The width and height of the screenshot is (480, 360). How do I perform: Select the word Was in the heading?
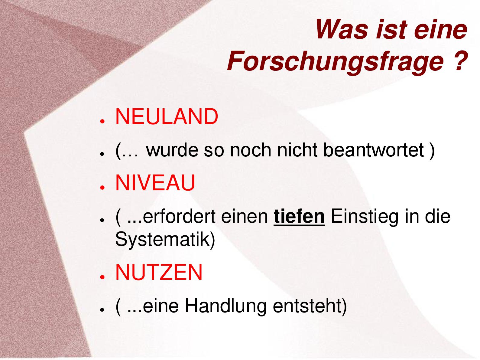tap(342, 30)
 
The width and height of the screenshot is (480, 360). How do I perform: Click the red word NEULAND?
tap(167, 117)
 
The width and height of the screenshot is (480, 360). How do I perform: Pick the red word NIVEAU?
tap(155, 183)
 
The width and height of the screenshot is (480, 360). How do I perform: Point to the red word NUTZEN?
tap(159, 272)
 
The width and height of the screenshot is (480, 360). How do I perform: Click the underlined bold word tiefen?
tap(299, 216)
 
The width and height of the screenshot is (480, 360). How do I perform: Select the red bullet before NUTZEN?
tap(102, 277)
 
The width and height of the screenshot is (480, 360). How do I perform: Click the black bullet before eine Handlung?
tap(102, 309)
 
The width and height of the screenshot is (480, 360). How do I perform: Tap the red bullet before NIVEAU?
tap(102, 187)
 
